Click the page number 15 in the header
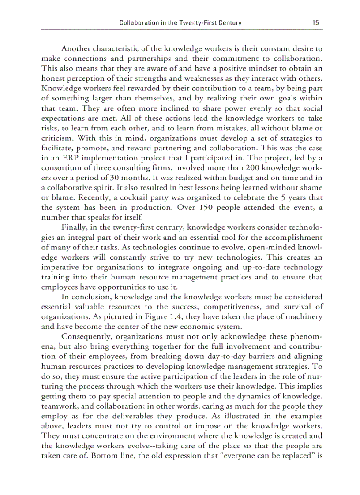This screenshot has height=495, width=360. click(315, 23)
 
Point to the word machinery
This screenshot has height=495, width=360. click(303, 316)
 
